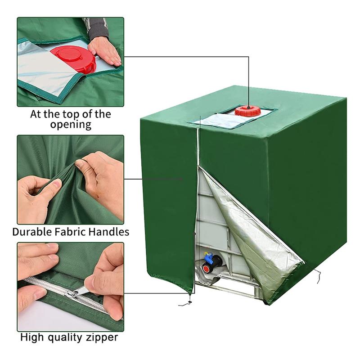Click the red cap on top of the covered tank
pos(247,111)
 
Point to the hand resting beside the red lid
pos(105,50)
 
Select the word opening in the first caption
pos(70,125)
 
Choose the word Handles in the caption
pos(110,232)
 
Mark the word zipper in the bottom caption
pos(103,337)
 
